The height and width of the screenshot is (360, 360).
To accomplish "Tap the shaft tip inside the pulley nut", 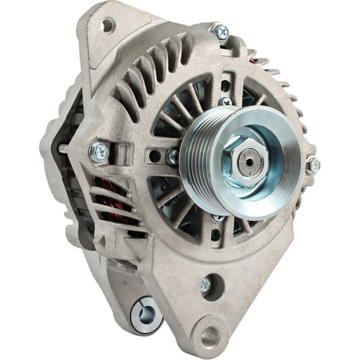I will [244, 158].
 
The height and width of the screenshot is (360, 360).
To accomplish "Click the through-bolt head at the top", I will [220, 31].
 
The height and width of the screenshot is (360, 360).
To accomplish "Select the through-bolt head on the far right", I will [312, 165].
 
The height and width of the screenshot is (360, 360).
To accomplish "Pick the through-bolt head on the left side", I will [99, 151].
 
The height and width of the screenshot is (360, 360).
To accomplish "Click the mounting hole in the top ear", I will [108, 25].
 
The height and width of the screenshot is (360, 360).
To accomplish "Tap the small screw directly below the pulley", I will [218, 217].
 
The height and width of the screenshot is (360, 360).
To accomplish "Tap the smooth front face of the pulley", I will [266, 173].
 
